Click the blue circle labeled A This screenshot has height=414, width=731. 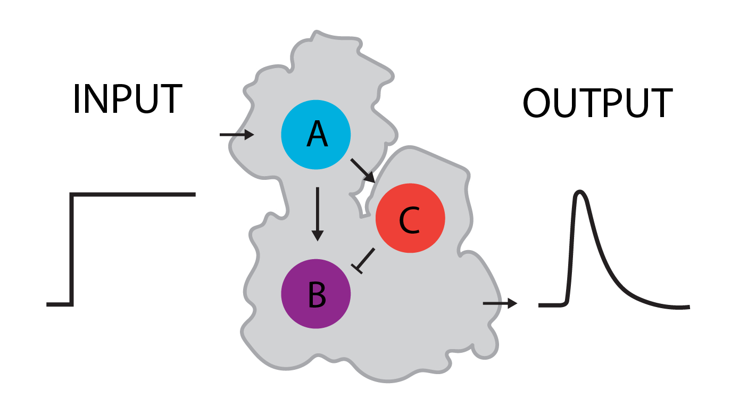pyautogui.click(x=316, y=135)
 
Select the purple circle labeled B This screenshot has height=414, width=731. pyautogui.click(x=316, y=294)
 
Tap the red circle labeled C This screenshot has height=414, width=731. pyautogui.click(x=410, y=218)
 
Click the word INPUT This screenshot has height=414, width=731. pyautogui.click(x=128, y=100)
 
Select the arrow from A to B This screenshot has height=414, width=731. pyautogui.click(x=317, y=213)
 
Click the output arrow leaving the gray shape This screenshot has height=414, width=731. pyautogui.click(x=500, y=303)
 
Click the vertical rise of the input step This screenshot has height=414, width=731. pyautogui.click(x=71, y=250)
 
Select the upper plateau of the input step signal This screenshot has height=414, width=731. pyautogui.click(x=133, y=195)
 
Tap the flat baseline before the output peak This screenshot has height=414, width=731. pyautogui.click(x=551, y=305)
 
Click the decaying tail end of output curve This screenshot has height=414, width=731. pyautogui.click(x=676, y=307)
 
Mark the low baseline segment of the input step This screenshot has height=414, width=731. pyautogui.click(x=59, y=304)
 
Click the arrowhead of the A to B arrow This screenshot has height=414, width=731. pyautogui.click(x=317, y=234)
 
